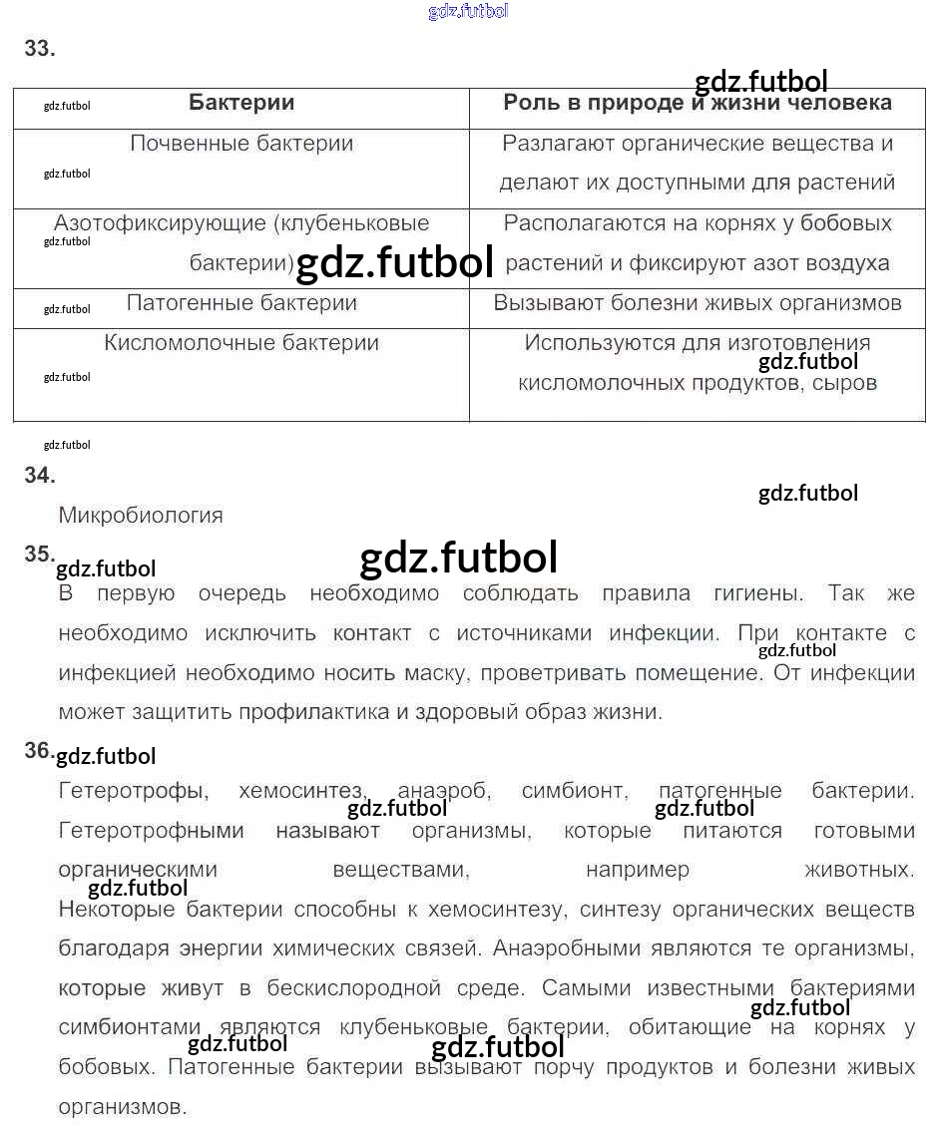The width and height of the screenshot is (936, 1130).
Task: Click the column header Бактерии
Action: pos(241,103)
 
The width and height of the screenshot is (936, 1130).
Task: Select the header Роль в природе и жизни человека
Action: pos(697,103)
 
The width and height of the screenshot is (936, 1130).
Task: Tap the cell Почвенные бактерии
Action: pos(241,144)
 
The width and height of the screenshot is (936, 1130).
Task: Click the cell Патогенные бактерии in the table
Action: pos(241,303)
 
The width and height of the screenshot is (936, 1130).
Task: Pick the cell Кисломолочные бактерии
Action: pos(241,343)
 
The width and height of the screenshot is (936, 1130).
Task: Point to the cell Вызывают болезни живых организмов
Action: pos(697,303)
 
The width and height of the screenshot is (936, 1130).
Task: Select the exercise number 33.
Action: pos(39,49)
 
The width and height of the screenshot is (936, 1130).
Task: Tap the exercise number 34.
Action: pos(39,476)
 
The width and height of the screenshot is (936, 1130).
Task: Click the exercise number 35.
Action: pos(39,555)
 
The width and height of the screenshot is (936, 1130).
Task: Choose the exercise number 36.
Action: pos(39,751)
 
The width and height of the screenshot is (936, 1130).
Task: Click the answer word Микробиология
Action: pos(141,516)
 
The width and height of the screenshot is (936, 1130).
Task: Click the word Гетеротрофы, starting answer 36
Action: pos(134,792)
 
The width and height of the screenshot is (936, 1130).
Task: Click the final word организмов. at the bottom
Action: pos(122,1107)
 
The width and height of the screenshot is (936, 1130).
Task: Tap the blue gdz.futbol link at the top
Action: pos(468,11)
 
